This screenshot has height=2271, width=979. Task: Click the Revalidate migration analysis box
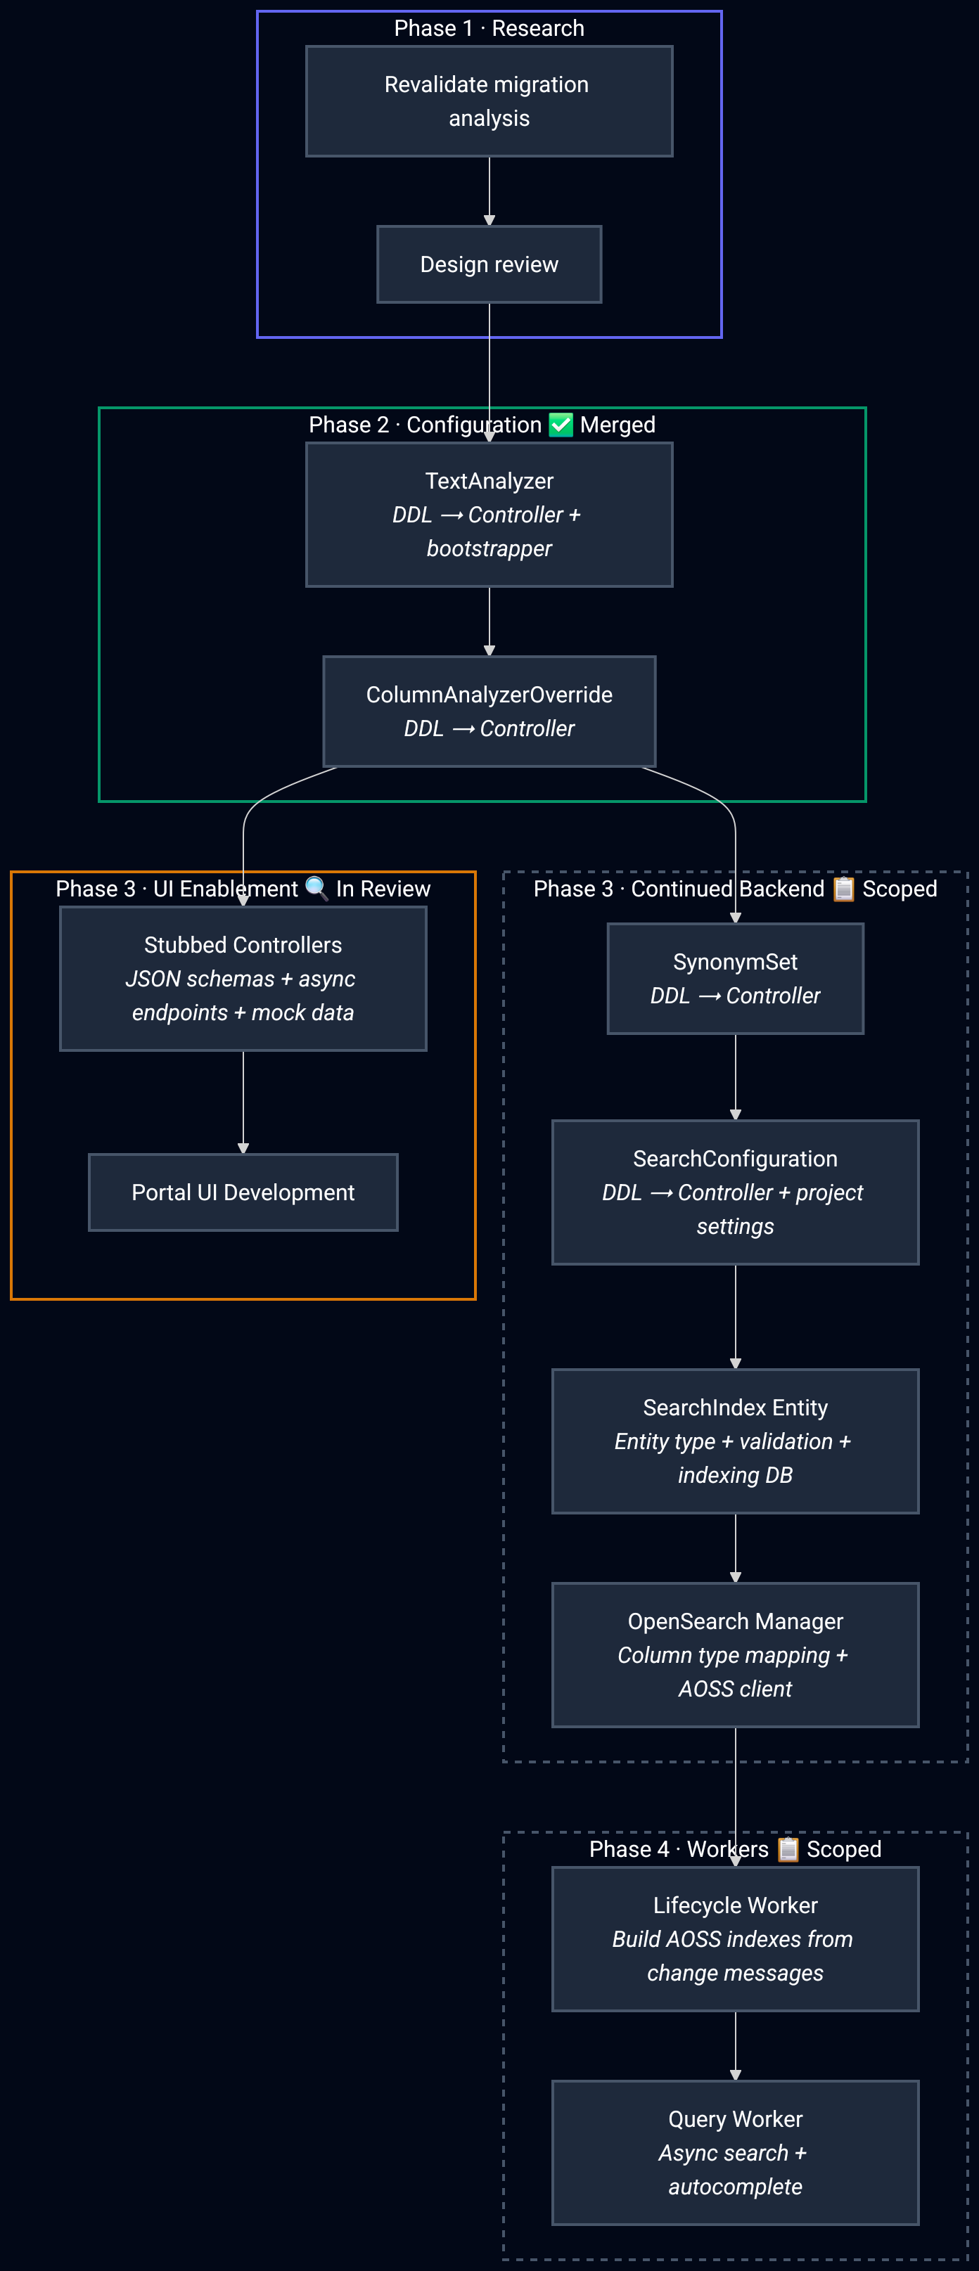click(x=489, y=101)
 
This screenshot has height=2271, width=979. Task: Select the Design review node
click(x=489, y=264)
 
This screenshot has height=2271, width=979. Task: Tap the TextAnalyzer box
click(x=489, y=515)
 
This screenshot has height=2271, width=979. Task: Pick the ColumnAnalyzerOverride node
click(x=489, y=712)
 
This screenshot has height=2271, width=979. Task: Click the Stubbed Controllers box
click(x=243, y=979)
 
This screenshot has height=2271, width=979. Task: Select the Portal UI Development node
click(x=243, y=1192)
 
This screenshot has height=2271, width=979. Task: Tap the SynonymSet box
click(x=735, y=979)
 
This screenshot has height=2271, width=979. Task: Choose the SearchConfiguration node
click(x=735, y=1192)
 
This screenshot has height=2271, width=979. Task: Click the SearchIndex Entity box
click(x=735, y=1441)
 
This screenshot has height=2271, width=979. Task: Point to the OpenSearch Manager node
click(x=735, y=1655)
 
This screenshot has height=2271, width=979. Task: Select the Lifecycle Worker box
click(x=735, y=1938)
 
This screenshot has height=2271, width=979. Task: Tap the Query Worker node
click(x=735, y=2152)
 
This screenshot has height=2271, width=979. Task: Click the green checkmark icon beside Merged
click(x=561, y=425)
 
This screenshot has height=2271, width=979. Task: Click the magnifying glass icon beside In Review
click(x=316, y=888)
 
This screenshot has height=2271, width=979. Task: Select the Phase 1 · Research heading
click(x=489, y=28)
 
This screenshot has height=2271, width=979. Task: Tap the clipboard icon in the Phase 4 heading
click(x=788, y=1848)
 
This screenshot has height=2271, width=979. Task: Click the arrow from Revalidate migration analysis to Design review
click(x=489, y=191)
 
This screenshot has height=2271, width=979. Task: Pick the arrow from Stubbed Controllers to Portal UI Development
click(x=243, y=1102)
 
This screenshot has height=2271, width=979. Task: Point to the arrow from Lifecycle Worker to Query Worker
click(x=736, y=2045)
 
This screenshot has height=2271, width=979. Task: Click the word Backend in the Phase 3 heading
click(x=781, y=889)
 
